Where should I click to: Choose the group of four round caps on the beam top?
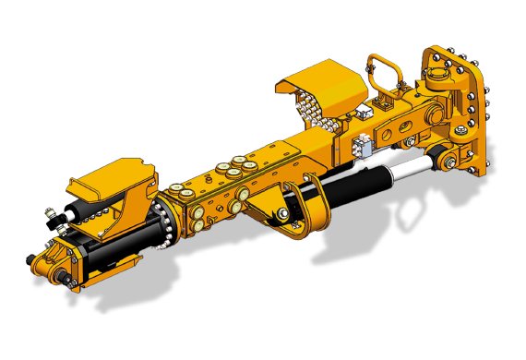[229, 169]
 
